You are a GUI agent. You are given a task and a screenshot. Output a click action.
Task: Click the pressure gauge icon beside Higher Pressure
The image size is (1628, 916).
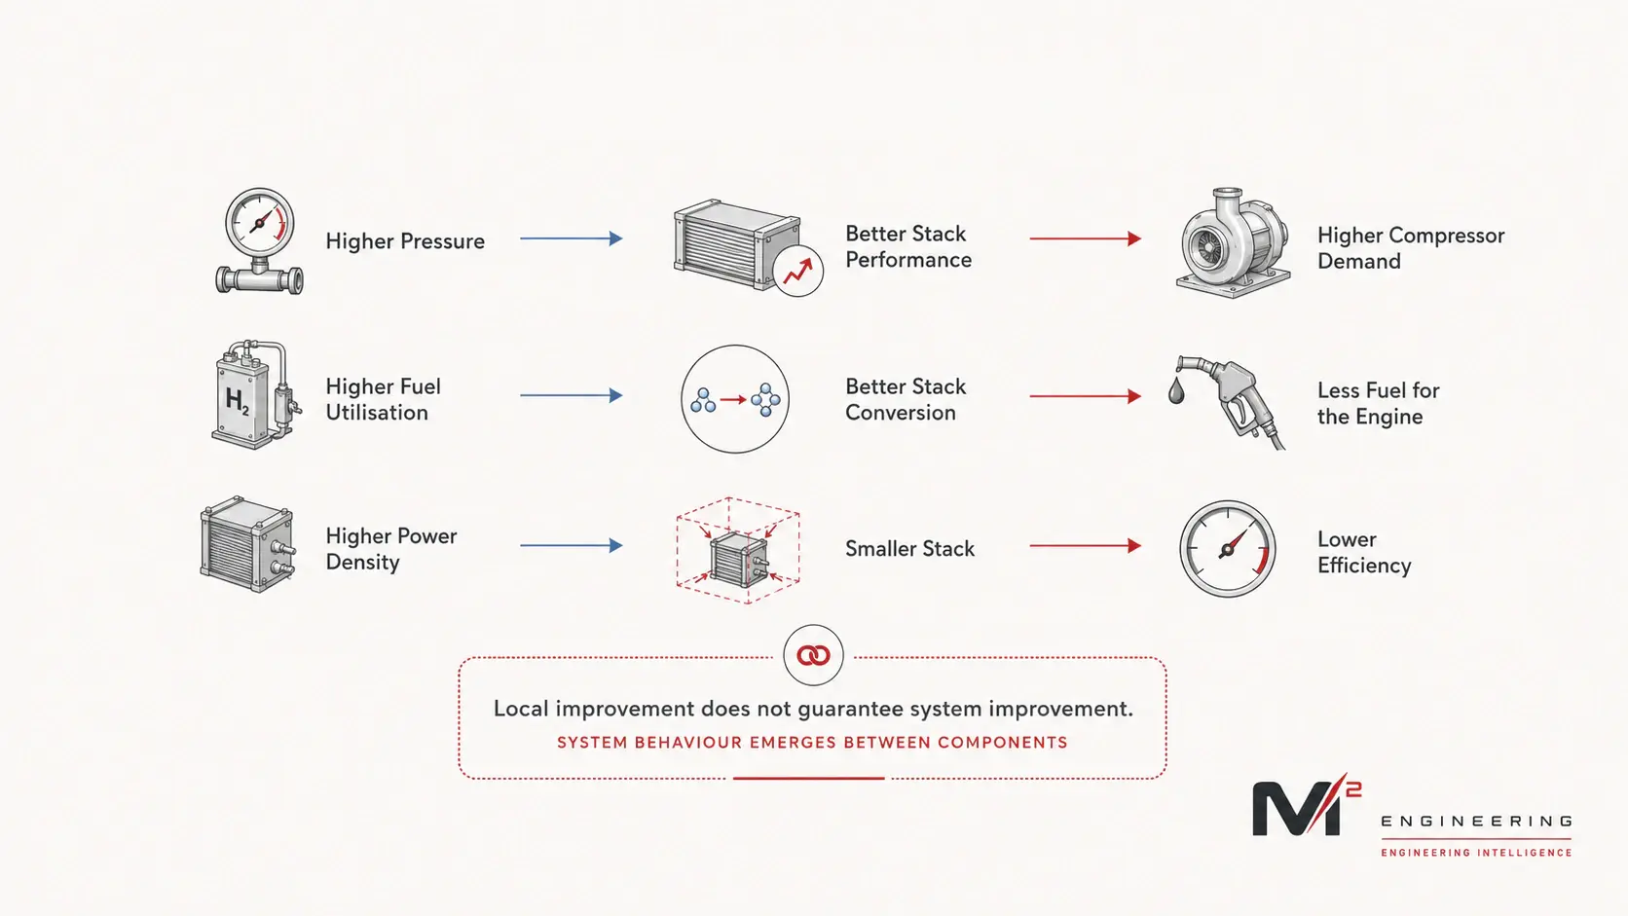[259, 241]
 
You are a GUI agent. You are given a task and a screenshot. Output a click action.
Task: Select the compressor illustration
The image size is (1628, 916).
[1233, 242]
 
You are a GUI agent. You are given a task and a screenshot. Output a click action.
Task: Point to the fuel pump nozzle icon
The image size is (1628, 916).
[1231, 401]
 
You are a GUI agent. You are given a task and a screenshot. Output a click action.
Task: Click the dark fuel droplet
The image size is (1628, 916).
[1176, 390]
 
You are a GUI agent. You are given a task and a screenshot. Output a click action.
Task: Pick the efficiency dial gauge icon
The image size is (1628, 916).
[1228, 548]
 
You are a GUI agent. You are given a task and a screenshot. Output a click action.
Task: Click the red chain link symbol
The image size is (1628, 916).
[813, 655]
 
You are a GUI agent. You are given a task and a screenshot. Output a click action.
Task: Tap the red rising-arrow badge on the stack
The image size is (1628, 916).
[798, 272]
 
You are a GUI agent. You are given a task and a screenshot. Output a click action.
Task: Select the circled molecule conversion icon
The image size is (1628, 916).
[735, 399]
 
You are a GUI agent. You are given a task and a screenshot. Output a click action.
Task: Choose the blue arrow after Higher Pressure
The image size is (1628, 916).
[572, 238]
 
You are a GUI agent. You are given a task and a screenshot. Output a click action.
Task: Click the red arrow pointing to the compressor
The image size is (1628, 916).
[1085, 238]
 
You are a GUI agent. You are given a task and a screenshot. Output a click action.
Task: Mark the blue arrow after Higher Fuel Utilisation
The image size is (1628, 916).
[572, 395]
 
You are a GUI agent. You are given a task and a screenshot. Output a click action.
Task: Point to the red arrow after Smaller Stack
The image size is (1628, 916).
[1085, 545]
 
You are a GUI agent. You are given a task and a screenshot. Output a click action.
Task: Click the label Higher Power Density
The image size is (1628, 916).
[391, 549]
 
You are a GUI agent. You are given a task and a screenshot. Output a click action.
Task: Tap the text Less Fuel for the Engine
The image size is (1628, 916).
[1378, 403]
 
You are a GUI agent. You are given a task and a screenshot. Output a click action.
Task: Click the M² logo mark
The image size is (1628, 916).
[1306, 805]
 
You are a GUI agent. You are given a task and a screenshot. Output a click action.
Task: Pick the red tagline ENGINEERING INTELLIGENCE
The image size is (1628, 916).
[1476, 853]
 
